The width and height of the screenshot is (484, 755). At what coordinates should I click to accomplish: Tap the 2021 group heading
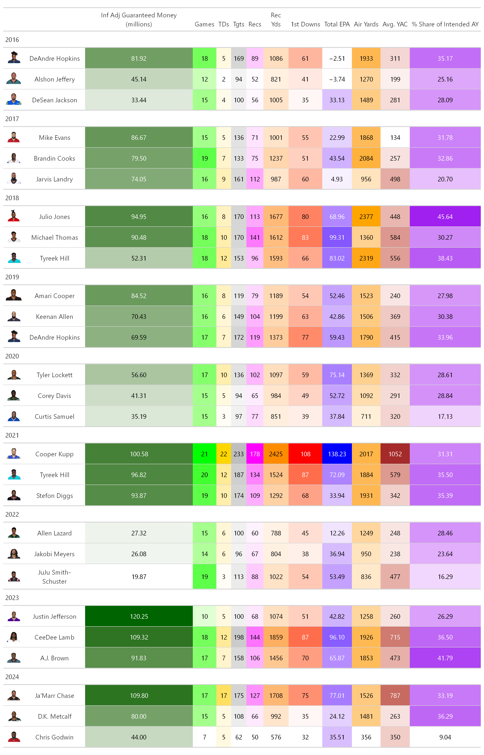coord(12,435)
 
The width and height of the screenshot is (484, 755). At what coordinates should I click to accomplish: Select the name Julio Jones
coord(54,217)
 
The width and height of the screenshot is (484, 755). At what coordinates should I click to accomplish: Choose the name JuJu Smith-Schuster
coord(54,577)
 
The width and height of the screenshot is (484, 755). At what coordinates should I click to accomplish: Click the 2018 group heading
coord(12,198)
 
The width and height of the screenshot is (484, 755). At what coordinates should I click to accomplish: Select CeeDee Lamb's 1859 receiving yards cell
coord(276,637)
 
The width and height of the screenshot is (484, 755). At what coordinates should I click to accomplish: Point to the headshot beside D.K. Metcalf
coord(14,716)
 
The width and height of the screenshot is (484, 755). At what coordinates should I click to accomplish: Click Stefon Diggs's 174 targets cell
coord(239,496)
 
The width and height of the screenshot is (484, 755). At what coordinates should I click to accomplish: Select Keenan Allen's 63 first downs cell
coord(305,317)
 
